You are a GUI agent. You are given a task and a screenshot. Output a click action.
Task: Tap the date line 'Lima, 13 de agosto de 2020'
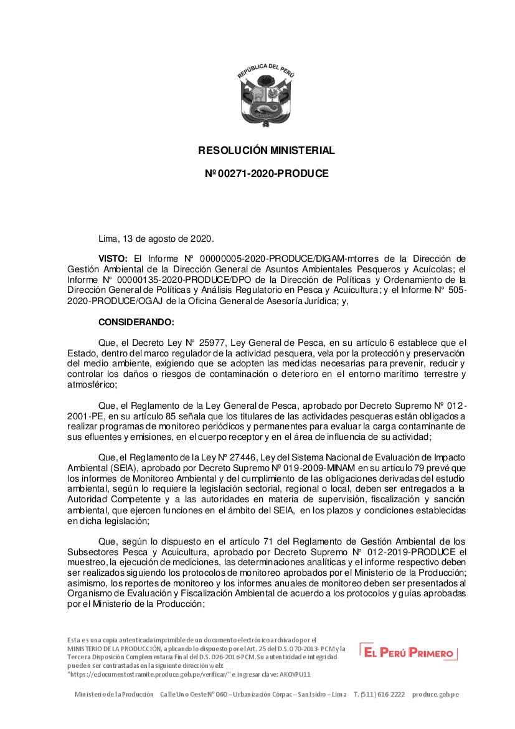coord(156,239)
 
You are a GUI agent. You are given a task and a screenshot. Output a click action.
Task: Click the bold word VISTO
coord(113,258)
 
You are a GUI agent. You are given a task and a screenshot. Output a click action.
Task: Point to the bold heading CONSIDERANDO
coord(136,322)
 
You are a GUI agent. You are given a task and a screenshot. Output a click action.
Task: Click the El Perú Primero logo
coord(409,652)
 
